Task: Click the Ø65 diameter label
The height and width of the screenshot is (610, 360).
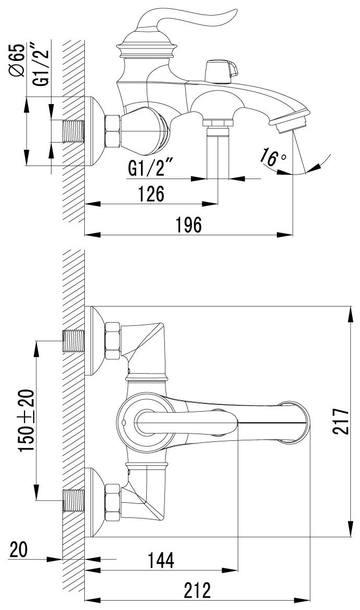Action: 18,61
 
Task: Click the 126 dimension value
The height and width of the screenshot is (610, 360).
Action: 151,194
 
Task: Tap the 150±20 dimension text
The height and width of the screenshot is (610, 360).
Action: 27,421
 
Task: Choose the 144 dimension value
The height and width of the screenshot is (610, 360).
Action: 161,560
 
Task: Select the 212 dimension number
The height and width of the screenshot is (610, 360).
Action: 198,590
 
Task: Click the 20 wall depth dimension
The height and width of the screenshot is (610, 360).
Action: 19,550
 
